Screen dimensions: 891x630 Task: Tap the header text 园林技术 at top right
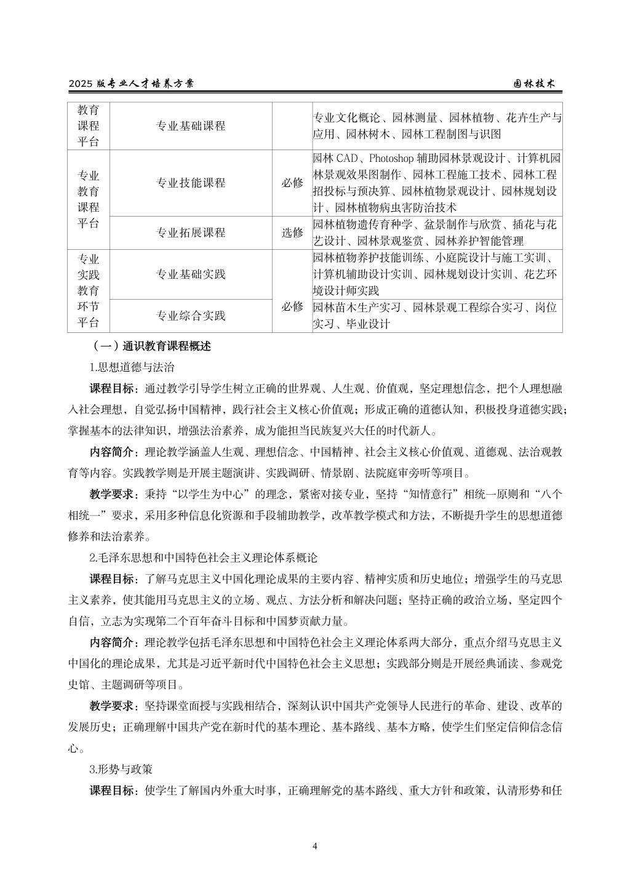point(535,84)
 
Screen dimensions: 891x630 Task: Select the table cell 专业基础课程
point(191,126)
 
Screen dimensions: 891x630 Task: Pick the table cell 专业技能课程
point(191,183)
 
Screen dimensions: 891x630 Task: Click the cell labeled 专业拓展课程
point(191,233)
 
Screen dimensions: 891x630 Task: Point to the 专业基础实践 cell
point(191,274)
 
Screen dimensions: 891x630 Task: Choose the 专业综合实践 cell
point(191,316)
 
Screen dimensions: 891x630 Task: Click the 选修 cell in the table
point(292,233)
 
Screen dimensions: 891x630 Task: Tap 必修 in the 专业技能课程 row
point(292,183)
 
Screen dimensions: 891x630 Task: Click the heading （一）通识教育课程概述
point(151,346)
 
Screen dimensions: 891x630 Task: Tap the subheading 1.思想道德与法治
point(132,367)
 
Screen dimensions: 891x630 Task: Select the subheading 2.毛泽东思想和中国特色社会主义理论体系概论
point(203,558)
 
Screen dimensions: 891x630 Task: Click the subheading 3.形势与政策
point(121,769)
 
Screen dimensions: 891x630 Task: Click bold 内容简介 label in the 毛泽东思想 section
point(114,642)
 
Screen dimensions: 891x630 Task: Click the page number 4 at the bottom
point(315,846)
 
